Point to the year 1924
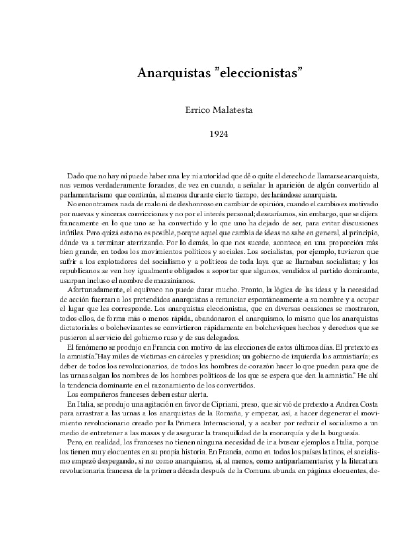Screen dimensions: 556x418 click(x=209, y=134)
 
